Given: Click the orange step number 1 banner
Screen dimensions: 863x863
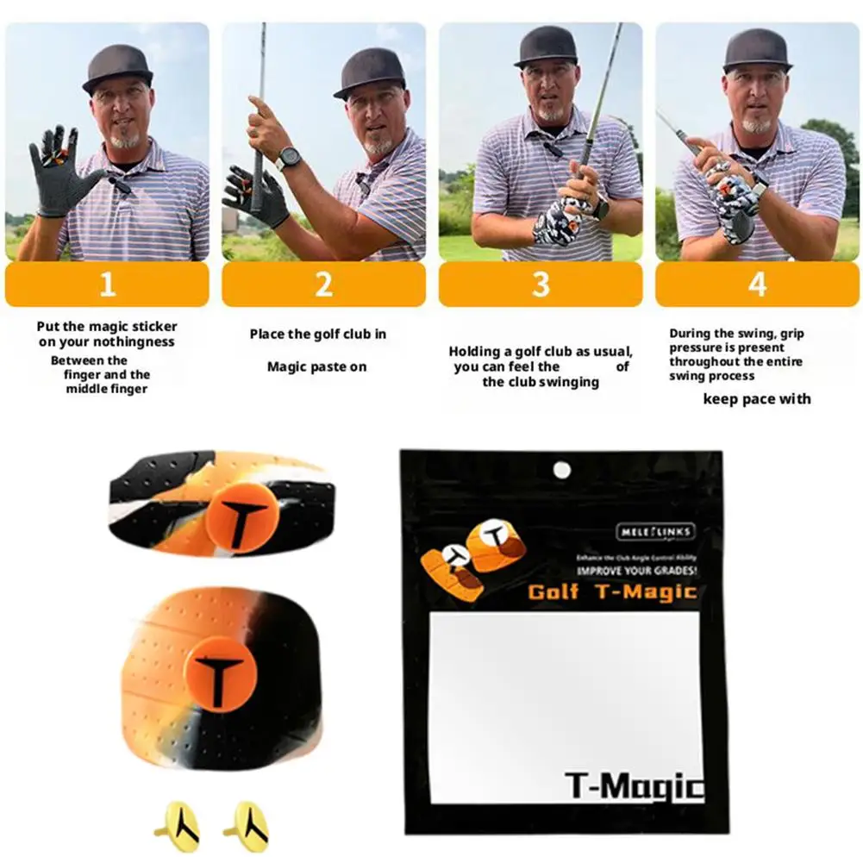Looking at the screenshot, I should (107, 285).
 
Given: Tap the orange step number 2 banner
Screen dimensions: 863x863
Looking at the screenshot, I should (323, 285).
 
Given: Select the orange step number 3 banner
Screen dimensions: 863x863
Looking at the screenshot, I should (541, 285).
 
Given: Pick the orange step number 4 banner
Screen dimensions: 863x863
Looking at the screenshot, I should (757, 285).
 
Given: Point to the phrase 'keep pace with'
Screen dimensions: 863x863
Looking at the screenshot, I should (757, 398).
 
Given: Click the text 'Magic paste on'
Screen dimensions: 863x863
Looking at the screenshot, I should (316, 367).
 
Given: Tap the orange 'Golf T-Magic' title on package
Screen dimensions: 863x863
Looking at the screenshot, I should (612, 592).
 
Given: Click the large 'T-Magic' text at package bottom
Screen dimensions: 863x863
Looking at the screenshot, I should (635, 786).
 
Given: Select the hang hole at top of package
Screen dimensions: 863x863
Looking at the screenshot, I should (562, 470).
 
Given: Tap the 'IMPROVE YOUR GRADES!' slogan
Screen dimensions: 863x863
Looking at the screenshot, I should (637, 572).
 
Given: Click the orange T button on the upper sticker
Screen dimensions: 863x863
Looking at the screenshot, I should (241, 516).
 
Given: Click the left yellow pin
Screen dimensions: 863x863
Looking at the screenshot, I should (181, 826).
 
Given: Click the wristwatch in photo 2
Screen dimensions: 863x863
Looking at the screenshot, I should (290, 158).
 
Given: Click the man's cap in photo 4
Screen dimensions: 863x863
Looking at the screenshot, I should (757, 48).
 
